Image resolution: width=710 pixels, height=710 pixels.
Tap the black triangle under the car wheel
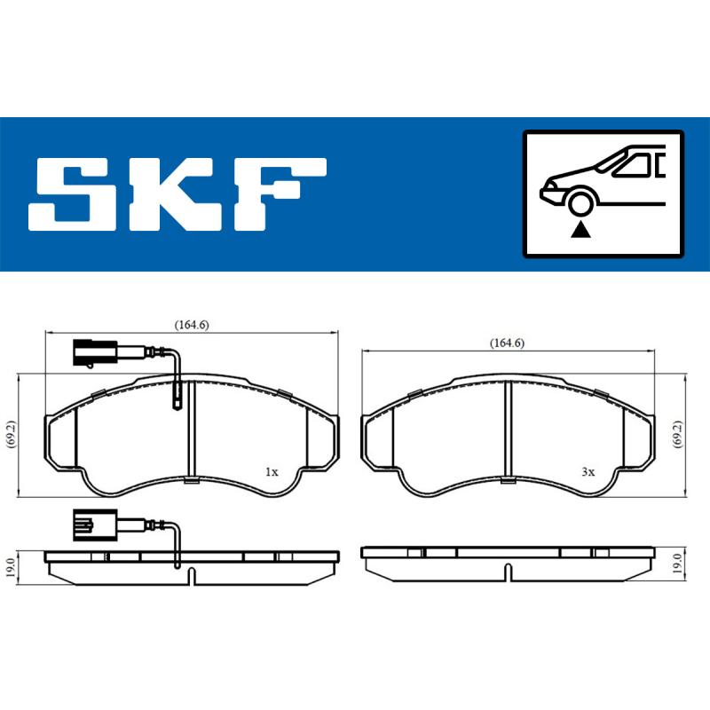[580, 230]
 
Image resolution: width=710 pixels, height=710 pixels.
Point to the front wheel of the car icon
[580, 204]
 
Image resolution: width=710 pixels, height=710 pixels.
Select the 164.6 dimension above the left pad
[191, 326]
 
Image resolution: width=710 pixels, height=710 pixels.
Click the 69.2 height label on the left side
[10, 435]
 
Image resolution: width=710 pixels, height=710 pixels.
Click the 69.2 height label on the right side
[676, 435]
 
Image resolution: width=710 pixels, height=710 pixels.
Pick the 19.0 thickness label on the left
[10, 565]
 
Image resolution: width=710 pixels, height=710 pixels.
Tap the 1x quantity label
[272, 472]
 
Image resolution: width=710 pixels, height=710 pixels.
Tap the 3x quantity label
[587, 473]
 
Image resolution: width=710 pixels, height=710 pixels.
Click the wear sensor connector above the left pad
[91, 353]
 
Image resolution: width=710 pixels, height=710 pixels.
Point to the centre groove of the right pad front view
[507, 430]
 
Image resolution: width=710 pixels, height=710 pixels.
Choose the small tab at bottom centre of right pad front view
[507, 481]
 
